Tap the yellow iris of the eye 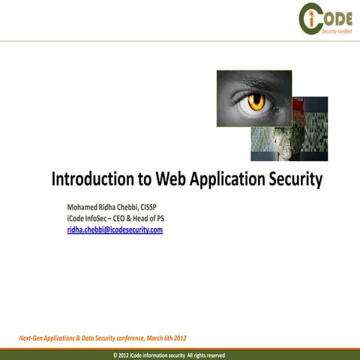[x=257, y=100]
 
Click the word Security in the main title [x=297, y=180]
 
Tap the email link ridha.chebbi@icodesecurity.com [x=115, y=230]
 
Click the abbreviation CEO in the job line [x=134, y=218]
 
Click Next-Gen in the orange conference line [x=34, y=339]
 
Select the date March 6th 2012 [x=165, y=339]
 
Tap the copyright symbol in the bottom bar [x=115, y=355]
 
